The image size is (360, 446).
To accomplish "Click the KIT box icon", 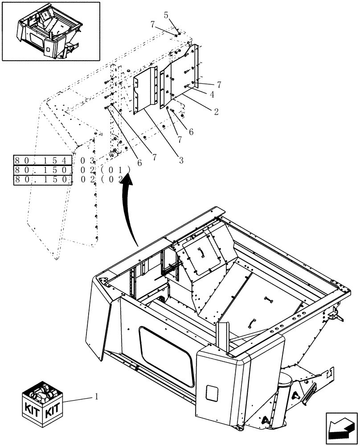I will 43,402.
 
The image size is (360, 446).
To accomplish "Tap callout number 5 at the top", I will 166,15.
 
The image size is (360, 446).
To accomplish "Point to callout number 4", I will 212,94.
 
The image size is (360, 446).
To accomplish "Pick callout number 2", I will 216,112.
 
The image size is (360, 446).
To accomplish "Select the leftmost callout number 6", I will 139,164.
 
